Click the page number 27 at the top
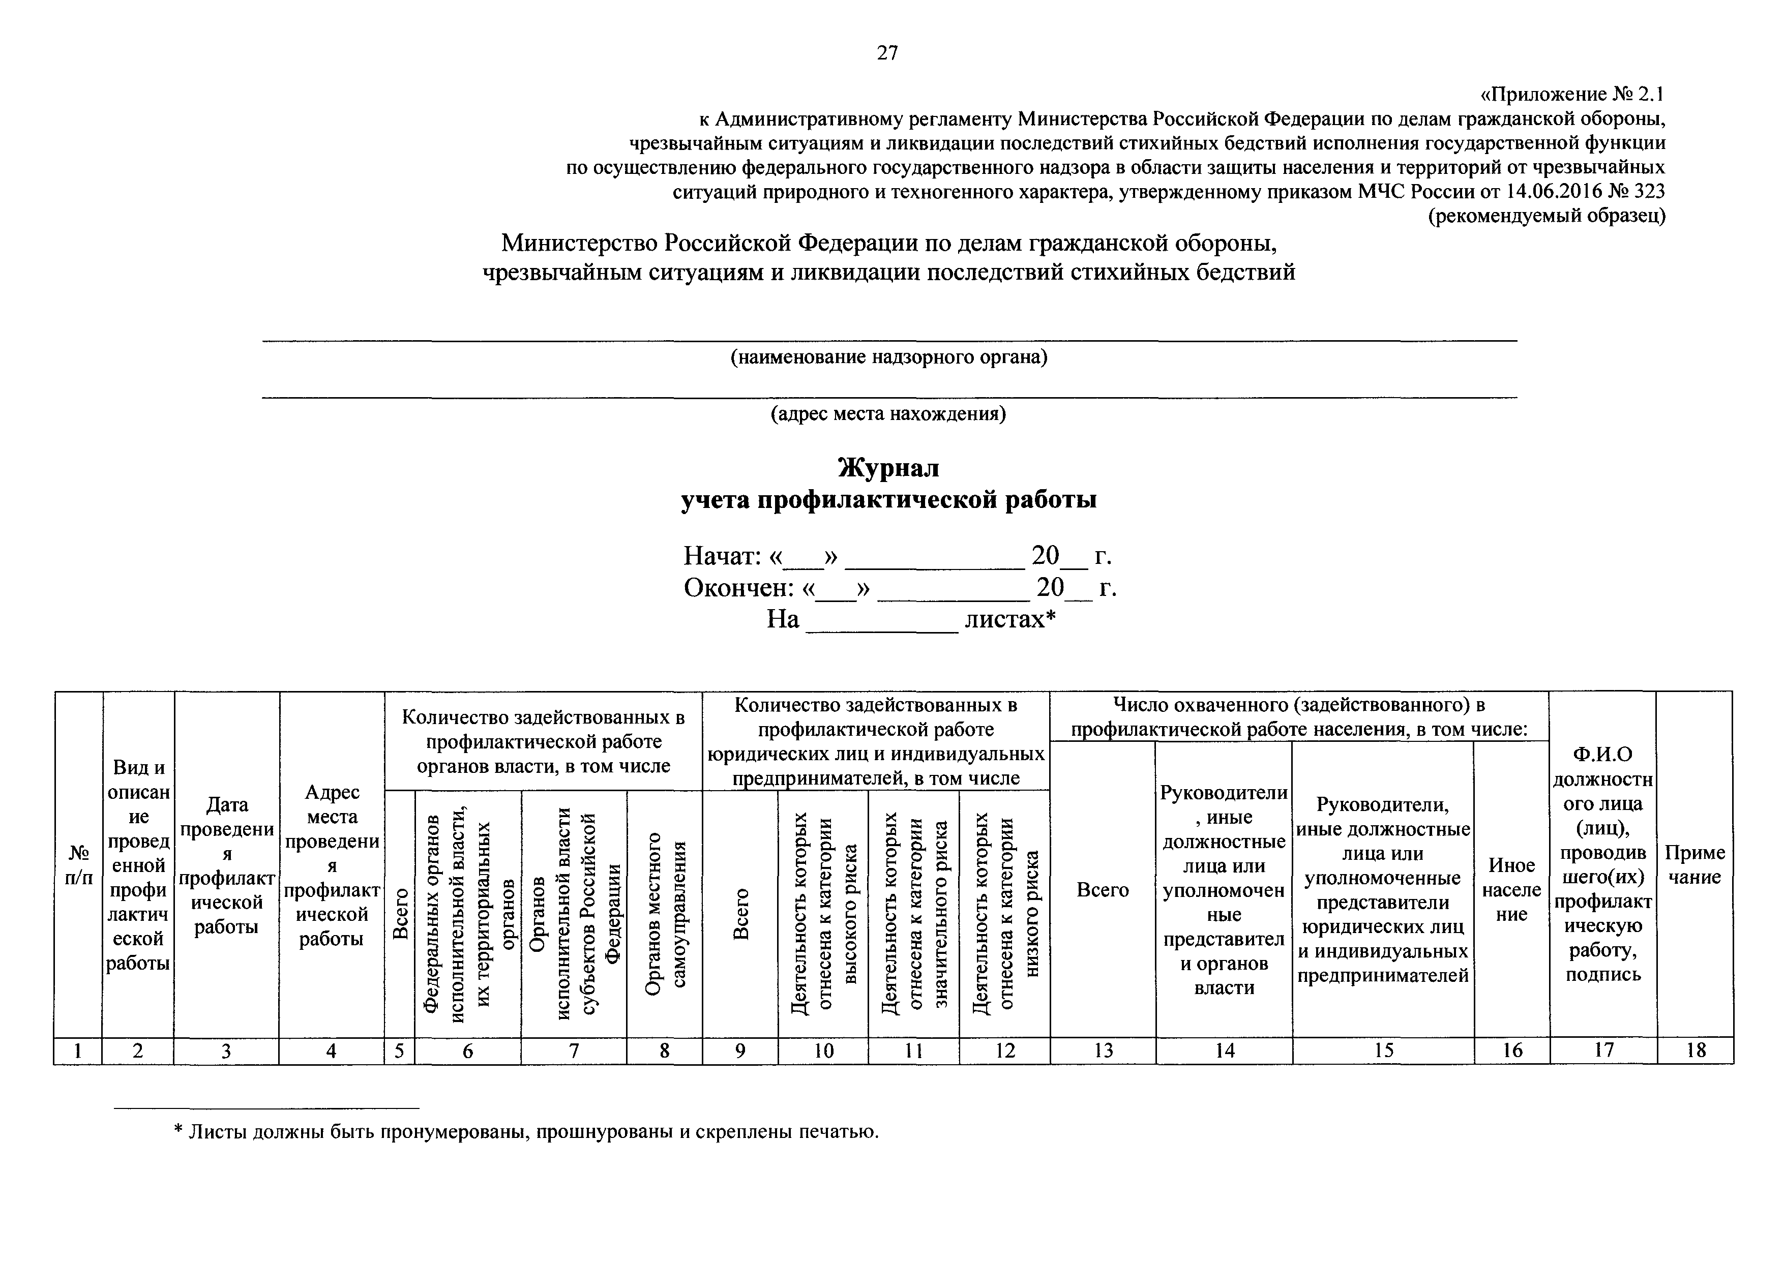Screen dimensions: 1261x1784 click(x=887, y=53)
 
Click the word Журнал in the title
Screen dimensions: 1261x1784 click(x=888, y=468)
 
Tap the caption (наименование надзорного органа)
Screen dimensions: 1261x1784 click(x=888, y=357)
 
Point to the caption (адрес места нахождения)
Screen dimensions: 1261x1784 click(x=888, y=414)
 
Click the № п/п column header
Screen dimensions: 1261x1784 click(x=78, y=865)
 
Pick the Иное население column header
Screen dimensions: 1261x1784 click(x=1511, y=890)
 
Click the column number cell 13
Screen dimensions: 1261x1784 click(x=1104, y=1051)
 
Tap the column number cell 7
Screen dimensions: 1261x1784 click(x=574, y=1051)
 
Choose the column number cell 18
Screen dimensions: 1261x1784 click(x=1696, y=1051)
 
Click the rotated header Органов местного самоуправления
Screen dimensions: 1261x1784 click(x=665, y=914)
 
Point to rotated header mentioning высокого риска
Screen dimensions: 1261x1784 click(x=823, y=914)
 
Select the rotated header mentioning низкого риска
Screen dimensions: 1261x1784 click(x=1005, y=914)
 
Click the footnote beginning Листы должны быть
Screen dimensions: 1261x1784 click(x=526, y=1132)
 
